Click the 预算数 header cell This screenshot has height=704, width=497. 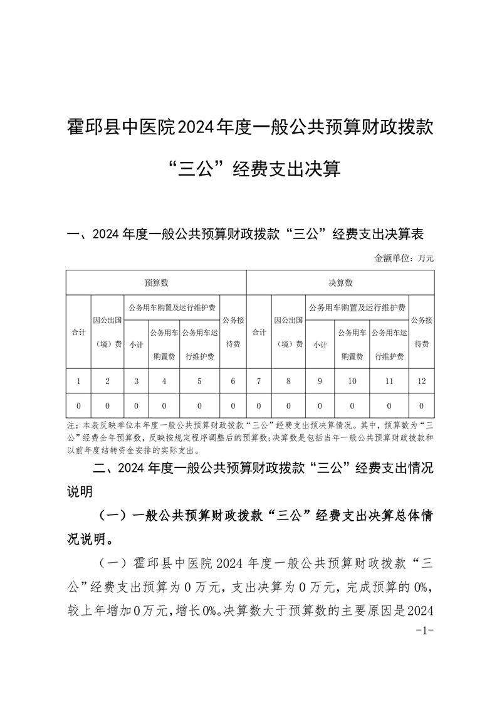pyautogui.click(x=156, y=283)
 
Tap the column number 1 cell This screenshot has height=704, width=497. pyautogui.click(x=78, y=381)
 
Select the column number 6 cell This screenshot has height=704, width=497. pyautogui.click(x=233, y=381)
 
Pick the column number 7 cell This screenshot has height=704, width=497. pyautogui.click(x=259, y=381)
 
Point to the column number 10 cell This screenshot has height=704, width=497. pyautogui.click(x=352, y=381)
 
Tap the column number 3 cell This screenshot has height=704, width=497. pyautogui.click(x=136, y=381)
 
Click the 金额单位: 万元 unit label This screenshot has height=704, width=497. pyautogui.click(x=404, y=258)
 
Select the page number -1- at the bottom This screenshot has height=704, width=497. pyautogui.click(x=425, y=631)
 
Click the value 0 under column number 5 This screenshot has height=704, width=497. pyautogui.click(x=199, y=406)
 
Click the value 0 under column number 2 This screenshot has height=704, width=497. pyautogui.click(x=108, y=406)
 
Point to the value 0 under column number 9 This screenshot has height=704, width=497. pyautogui.click(x=320, y=406)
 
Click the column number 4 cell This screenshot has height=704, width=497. pyautogui.click(x=164, y=381)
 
